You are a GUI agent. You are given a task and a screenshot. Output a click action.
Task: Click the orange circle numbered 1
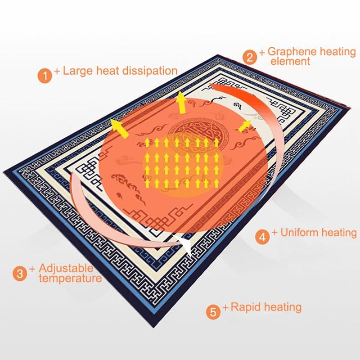click(45, 76)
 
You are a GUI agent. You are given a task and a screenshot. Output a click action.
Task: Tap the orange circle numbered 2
click(250, 57)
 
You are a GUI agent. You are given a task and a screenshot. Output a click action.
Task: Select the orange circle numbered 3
click(20, 274)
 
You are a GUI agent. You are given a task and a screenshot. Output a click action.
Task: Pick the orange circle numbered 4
click(262, 237)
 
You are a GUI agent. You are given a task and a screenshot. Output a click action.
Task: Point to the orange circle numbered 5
click(213, 312)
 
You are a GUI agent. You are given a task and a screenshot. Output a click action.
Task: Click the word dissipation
click(150, 71)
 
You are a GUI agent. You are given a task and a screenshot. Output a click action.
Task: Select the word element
click(290, 61)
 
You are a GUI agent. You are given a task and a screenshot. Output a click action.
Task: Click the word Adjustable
click(66, 268)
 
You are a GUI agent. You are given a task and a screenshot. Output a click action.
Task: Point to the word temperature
click(70, 279)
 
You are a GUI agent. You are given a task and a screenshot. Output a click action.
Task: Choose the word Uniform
click(299, 232)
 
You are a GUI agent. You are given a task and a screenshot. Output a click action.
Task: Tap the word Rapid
click(247, 307)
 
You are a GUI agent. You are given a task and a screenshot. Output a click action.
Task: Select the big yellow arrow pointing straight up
click(182, 103)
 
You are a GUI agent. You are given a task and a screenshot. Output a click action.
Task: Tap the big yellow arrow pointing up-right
click(244, 126)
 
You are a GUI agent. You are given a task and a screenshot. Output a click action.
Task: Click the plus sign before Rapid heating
click(226, 307)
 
